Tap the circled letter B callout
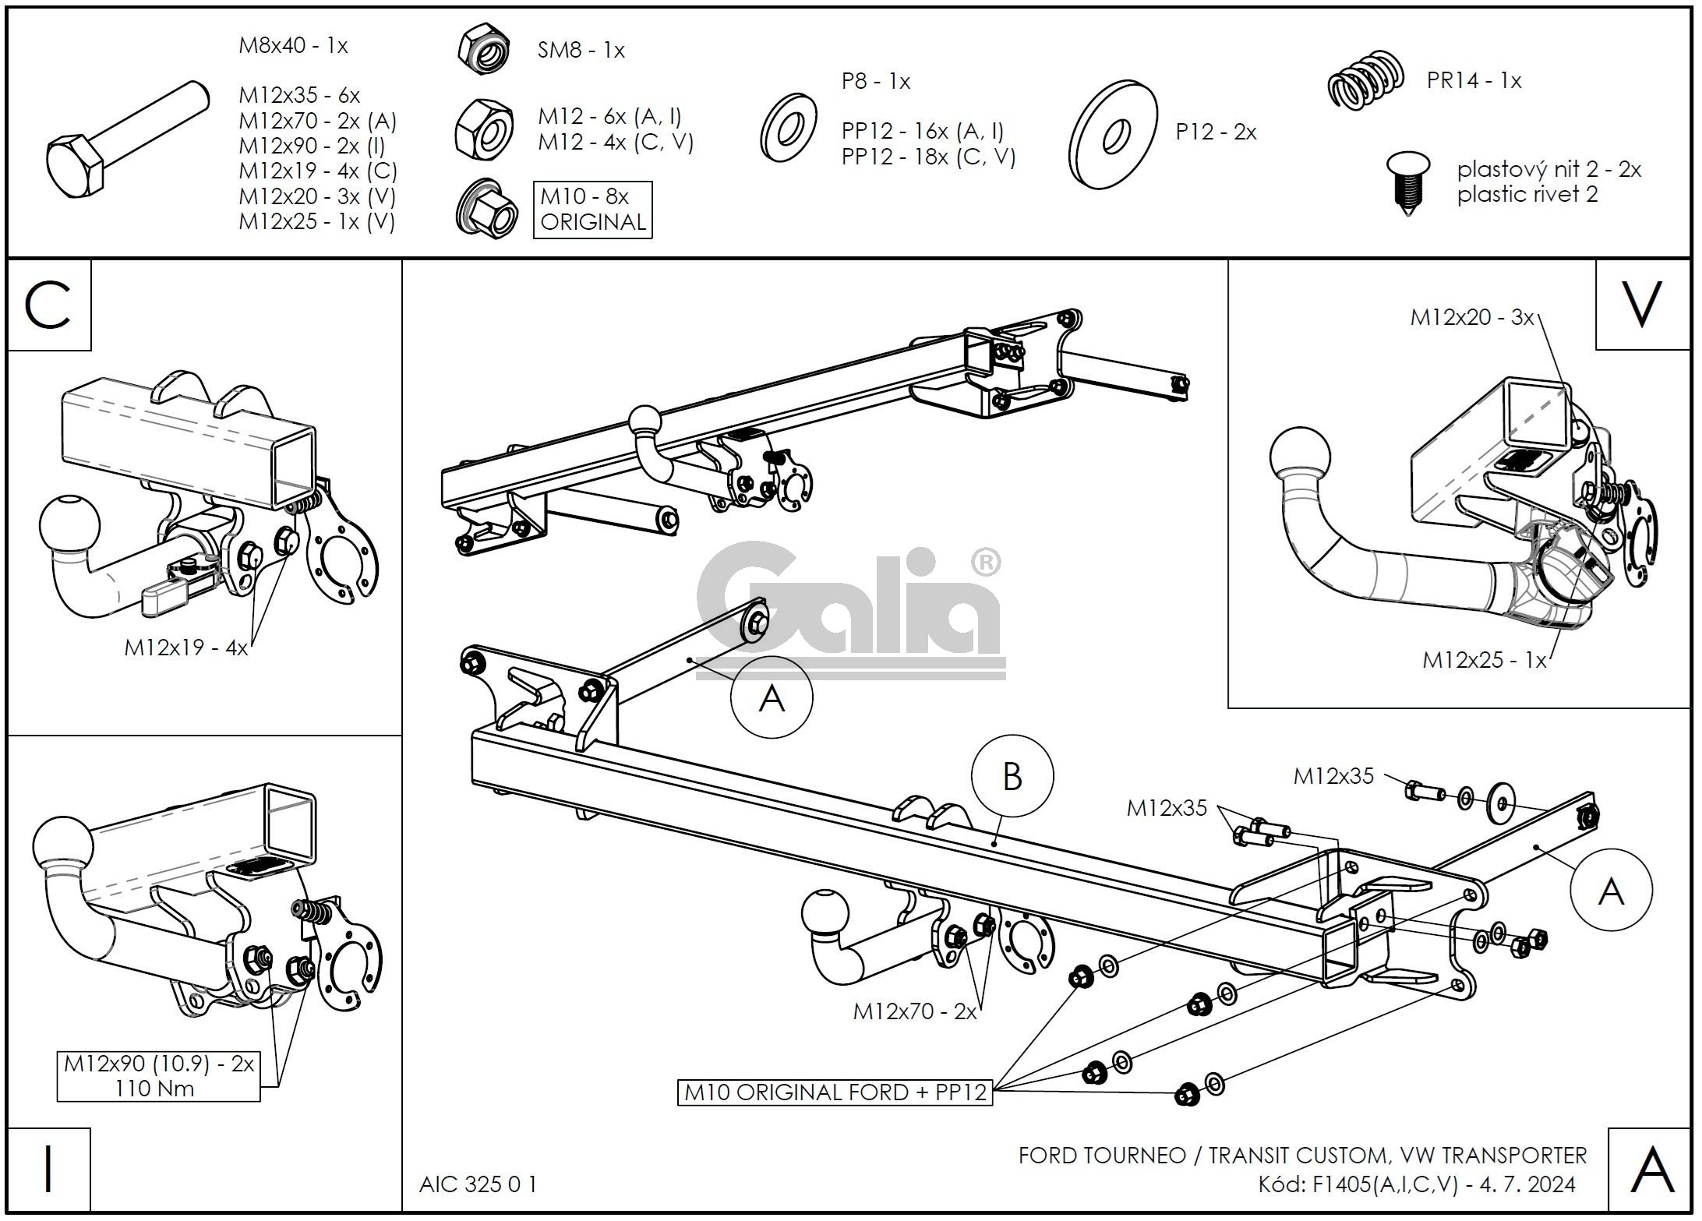pos(1012,776)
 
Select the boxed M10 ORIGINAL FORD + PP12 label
pos(835,1092)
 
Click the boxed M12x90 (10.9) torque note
pos(158,1076)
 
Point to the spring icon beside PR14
pos(1365,80)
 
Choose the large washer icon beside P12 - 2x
pos(1114,134)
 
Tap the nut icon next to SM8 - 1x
pos(484,50)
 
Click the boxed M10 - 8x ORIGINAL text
pos(592,210)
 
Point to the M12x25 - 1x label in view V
pos(1484,660)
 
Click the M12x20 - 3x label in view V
pos(1471,317)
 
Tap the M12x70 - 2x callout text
pos(914,1011)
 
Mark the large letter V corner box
pos(1641,305)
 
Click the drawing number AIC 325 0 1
pos(478,1184)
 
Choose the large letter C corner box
pos(49,305)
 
